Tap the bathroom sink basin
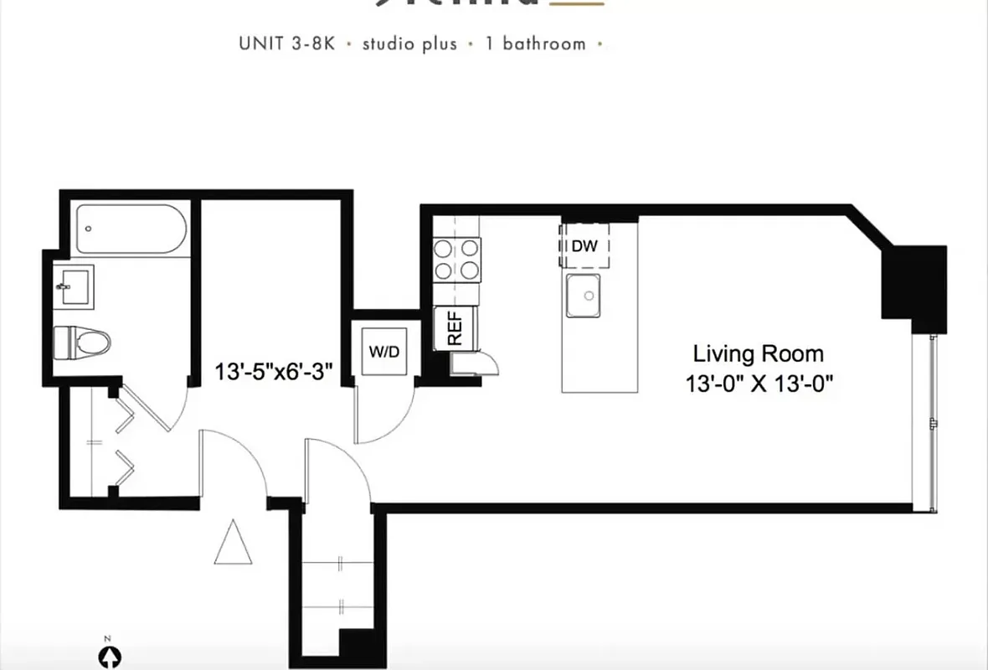coord(75,286)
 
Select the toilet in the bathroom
coord(83,343)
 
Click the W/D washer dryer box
coord(384,351)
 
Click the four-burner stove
coord(456,259)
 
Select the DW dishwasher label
coord(584,246)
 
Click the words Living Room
coord(758,353)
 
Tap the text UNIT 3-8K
coord(286,44)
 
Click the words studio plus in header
coord(409,44)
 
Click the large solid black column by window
coord(914,285)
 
